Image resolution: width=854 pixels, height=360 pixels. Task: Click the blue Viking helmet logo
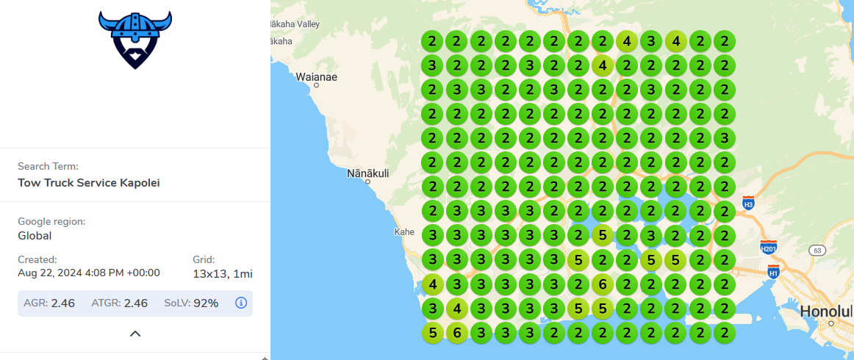[x=134, y=40]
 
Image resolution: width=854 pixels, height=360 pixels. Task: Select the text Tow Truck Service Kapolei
[x=89, y=182]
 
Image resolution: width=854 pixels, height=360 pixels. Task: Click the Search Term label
[x=48, y=167]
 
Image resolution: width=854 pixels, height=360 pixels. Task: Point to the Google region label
[x=51, y=221]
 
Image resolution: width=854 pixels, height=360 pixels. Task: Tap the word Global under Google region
[x=35, y=236]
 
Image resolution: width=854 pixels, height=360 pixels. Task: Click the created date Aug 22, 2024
[x=88, y=273]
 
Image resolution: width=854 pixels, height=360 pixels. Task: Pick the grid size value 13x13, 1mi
[x=223, y=274]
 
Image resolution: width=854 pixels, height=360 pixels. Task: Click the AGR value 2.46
[x=62, y=303]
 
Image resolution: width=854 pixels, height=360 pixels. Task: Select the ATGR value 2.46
[x=136, y=303]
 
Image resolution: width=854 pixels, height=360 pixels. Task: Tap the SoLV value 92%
[x=206, y=303]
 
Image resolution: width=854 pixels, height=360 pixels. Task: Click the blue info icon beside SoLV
[x=241, y=303]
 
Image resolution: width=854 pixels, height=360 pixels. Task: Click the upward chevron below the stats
[x=135, y=334]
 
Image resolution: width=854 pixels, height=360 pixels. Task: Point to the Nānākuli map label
[x=367, y=174]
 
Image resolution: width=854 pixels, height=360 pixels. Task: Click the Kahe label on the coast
[x=404, y=231]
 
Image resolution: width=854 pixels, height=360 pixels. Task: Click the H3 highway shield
[x=748, y=203]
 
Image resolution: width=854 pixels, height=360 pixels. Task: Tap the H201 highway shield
[x=769, y=247]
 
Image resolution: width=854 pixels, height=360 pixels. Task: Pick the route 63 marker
[x=816, y=251]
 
